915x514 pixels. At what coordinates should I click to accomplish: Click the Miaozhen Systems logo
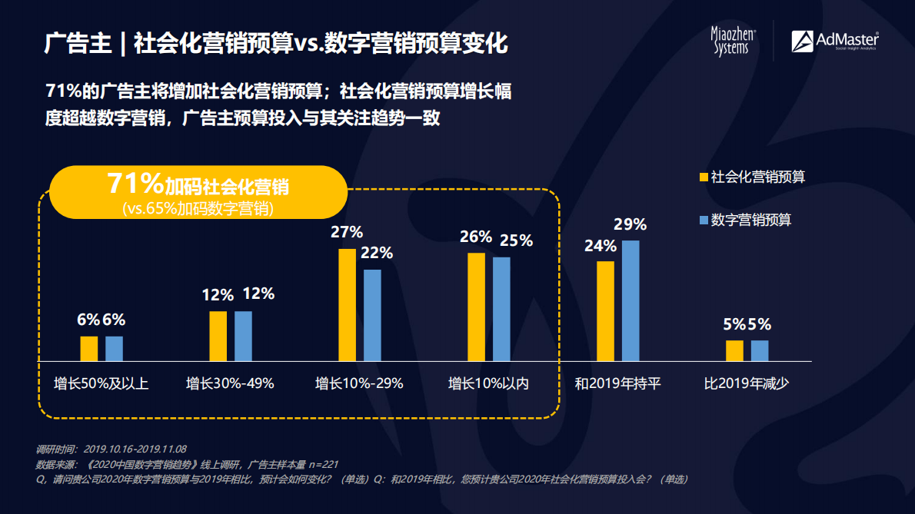pyautogui.click(x=734, y=41)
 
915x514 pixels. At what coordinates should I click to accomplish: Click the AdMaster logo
pyautogui.click(x=834, y=41)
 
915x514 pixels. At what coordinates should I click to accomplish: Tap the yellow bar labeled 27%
pyautogui.click(x=348, y=304)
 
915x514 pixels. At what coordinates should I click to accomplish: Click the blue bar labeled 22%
pyautogui.click(x=372, y=315)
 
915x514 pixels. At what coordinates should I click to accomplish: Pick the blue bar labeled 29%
pyautogui.click(x=631, y=300)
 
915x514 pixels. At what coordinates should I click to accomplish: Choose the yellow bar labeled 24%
pyautogui.click(x=606, y=311)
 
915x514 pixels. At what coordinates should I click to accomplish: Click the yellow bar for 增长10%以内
pyautogui.click(x=477, y=307)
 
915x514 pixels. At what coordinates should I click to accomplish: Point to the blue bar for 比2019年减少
pyautogui.click(x=760, y=350)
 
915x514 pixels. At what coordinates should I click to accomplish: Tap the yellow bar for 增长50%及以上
pyautogui.click(x=89, y=349)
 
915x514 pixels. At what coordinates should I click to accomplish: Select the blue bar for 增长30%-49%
pyautogui.click(x=243, y=336)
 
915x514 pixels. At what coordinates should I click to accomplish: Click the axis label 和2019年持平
pyautogui.click(x=617, y=383)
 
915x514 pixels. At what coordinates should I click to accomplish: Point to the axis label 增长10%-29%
pyautogui.click(x=359, y=383)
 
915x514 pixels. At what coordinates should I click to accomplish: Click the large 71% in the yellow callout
pyautogui.click(x=135, y=184)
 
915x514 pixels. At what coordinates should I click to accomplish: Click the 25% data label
pyautogui.click(x=516, y=240)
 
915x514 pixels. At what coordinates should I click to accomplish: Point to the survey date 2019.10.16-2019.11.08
pyautogui.click(x=135, y=449)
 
